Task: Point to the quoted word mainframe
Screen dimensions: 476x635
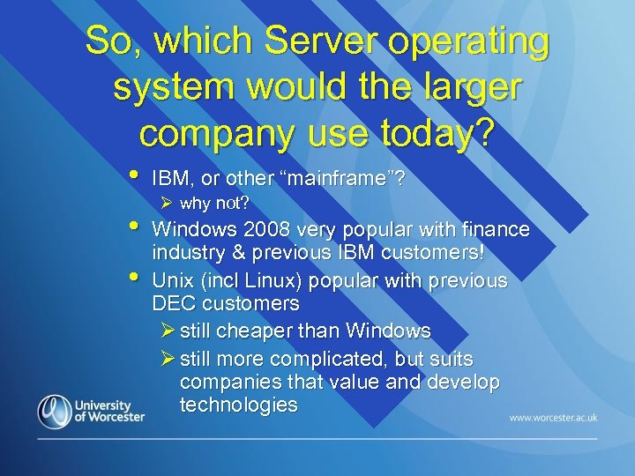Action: pyautogui.click(x=338, y=179)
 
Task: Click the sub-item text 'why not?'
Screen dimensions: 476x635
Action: pyautogui.click(x=214, y=204)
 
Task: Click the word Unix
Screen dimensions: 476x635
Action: pyautogui.click(x=173, y=281)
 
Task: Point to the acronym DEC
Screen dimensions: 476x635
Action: pyautogui.click(x=175, y=304)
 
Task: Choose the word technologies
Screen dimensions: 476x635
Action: pyautogui.click(x=238, y=405)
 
